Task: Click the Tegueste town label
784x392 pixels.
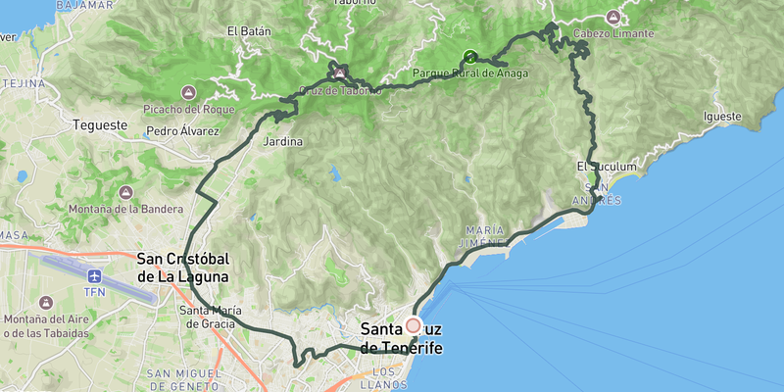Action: pos(101,125)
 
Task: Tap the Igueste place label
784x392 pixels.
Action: pos(722,117)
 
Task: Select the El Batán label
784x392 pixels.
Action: pos(248,31)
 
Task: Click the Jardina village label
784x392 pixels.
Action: pos(283,142)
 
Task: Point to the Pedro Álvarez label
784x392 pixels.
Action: pos(181,130)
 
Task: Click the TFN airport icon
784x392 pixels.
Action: pos(94,277)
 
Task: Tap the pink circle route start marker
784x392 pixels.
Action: pos(414,325)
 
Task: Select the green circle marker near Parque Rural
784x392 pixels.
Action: pos(469,57)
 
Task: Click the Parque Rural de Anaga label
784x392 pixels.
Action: pos(469,73)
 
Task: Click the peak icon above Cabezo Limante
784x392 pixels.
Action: pos(612,17)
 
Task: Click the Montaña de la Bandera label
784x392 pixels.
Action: pos(125,209)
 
